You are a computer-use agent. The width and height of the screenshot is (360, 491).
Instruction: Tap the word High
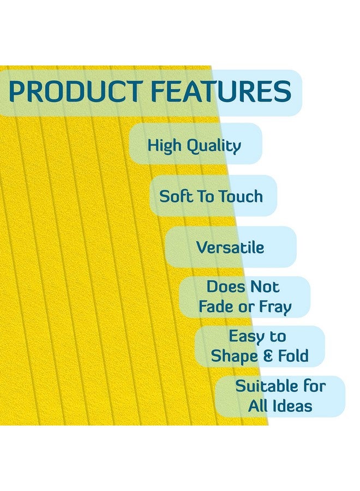coord(165,146)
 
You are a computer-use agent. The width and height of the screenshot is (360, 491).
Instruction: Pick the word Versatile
coord(230,248)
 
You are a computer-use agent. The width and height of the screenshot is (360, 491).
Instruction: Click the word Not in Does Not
coord(265,286)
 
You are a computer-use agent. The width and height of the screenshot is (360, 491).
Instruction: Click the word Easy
coord(247,336)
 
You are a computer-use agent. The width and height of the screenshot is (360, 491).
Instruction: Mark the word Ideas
coord(293,406)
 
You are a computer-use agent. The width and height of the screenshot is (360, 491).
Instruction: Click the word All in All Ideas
coord(259,406)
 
